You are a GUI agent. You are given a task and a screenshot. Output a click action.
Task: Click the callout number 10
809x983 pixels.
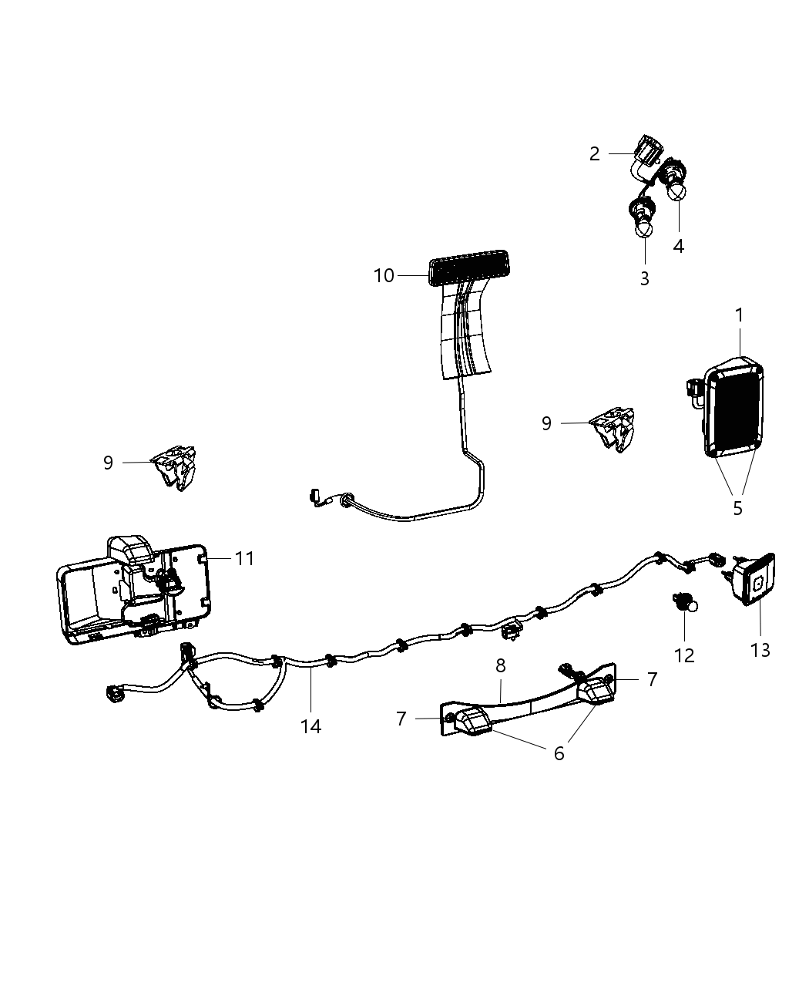pyautogui.click(x=384, y=276)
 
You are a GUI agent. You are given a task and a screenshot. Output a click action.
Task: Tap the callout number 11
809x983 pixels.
pyautogui.click(x=244, y=558)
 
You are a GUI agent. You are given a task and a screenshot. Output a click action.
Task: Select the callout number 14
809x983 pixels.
pyautogui.click(x=311, y=726)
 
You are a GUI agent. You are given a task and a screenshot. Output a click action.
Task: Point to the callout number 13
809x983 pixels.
pyautogui.click(x=760, y=650)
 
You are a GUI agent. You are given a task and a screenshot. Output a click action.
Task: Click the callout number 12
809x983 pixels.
pyautogui.click(x=684, y=655)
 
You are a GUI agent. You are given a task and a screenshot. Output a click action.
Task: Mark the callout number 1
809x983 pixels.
pyautogui.click(x=740, y=315)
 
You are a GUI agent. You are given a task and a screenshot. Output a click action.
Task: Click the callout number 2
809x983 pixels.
pyautogui.click(x=594, y=153)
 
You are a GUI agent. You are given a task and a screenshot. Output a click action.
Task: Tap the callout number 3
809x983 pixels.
pyautogui.click(x=644, y=278)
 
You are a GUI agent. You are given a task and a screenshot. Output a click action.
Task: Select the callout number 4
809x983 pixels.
pyautogui.click(x=678, y=247)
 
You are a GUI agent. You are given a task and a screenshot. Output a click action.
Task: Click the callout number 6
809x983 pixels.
pyautogui.click(x=559, y=753)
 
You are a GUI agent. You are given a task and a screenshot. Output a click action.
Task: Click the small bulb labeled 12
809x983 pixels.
pyautogui.click(x=684, y=602)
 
